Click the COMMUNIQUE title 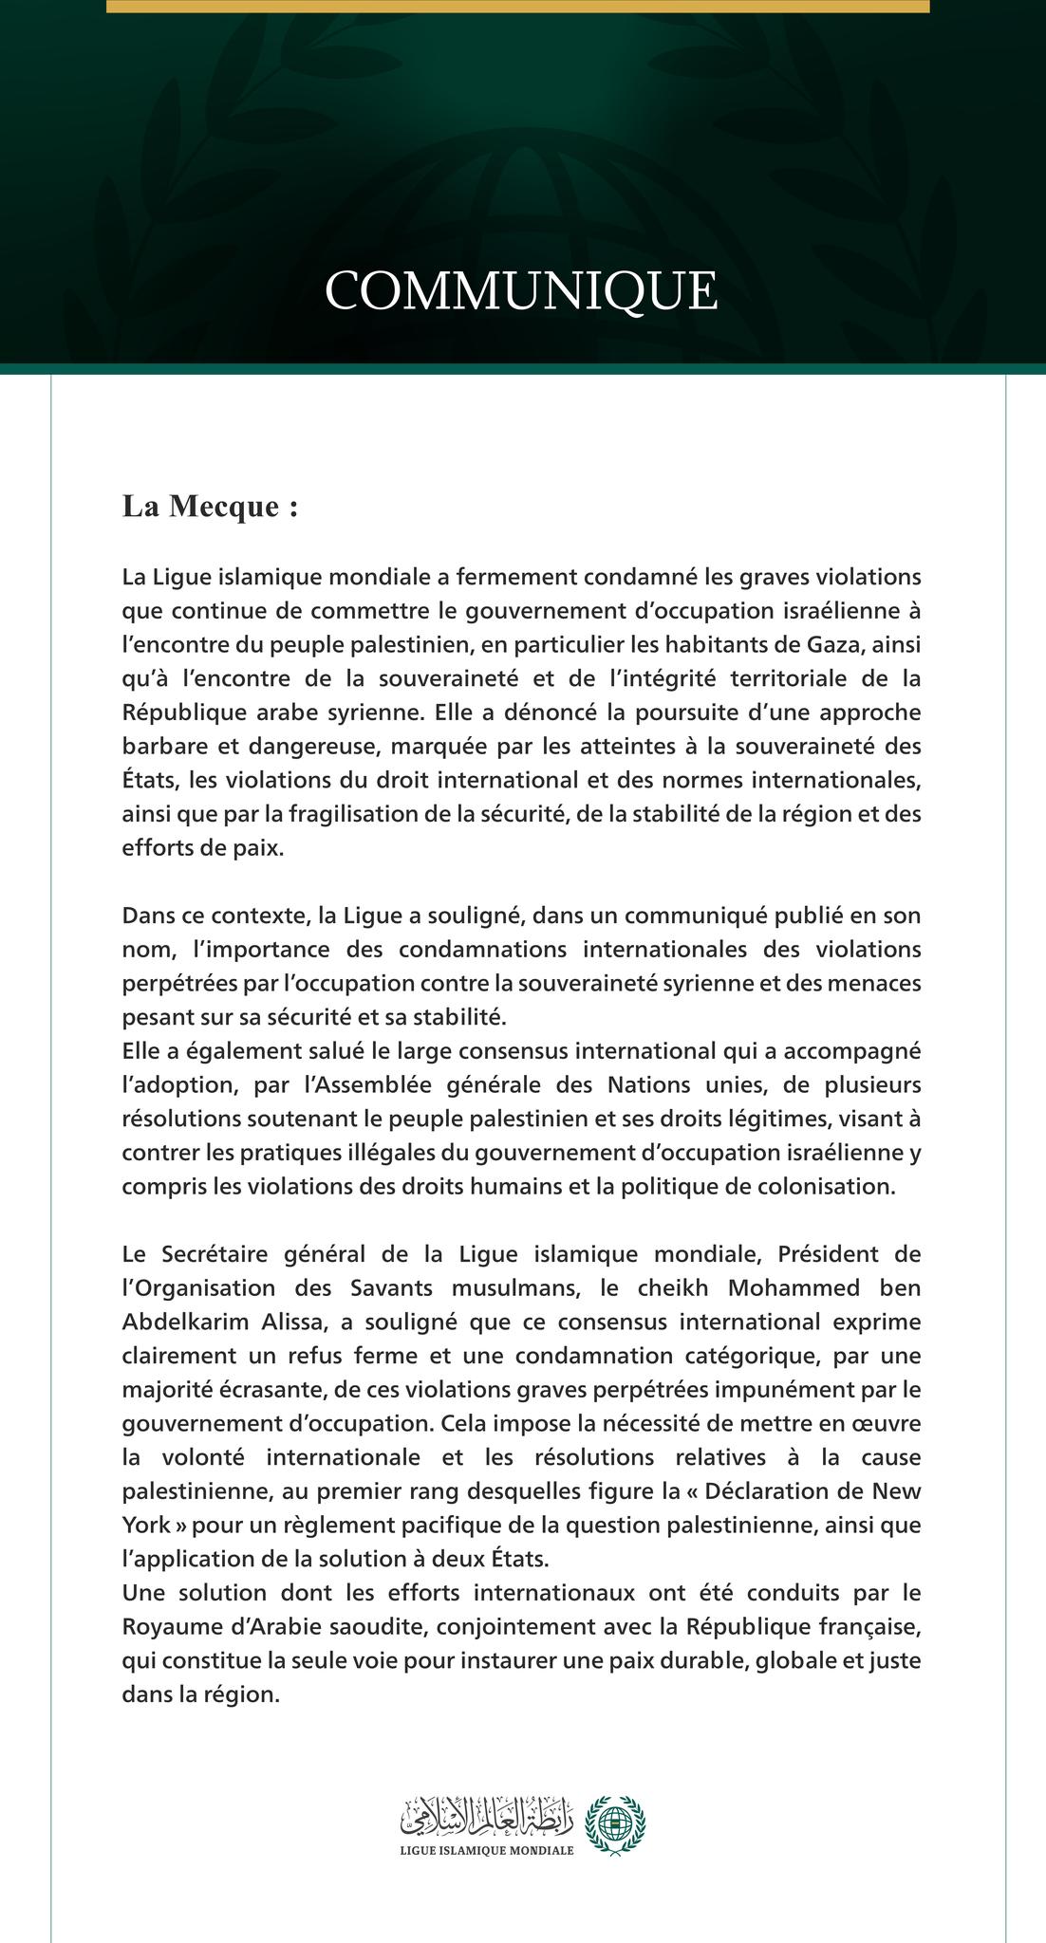(521, 291)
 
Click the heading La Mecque (210, 507)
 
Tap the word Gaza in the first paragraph (832, 645)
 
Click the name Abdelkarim (182, 1323)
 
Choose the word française (869, 1629)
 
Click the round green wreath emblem (614, 1824)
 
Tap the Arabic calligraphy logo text (487, 1817)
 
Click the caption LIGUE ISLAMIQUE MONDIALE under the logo (487, 1851)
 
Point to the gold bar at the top (517, 6)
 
